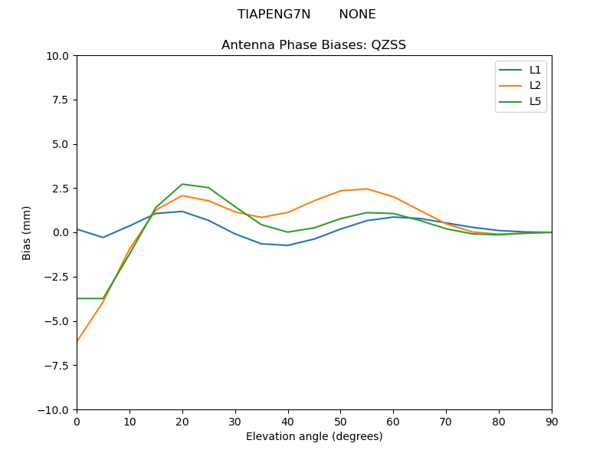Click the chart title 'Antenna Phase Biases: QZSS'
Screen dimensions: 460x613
point(313,45)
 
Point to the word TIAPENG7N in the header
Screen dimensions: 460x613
point(274,15)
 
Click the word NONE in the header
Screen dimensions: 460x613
point(357,15)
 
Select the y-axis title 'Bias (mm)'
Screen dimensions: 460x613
point(27,232)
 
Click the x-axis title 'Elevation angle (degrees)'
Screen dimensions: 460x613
point(313,437)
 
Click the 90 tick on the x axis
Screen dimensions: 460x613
point(552,421)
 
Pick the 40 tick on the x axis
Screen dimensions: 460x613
point(287,421)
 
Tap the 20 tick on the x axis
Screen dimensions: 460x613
point(182,421)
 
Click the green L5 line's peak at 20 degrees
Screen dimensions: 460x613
point(182,184)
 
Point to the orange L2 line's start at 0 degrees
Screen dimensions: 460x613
point(77,340)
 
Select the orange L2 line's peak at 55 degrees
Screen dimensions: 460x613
point(367,189)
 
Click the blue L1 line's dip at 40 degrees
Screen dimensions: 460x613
point(287,245)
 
